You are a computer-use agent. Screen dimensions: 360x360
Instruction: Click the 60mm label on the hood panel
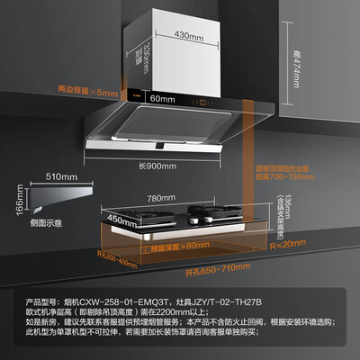coord(161,96)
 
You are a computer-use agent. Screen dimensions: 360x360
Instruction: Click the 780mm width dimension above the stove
coord(185,197)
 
